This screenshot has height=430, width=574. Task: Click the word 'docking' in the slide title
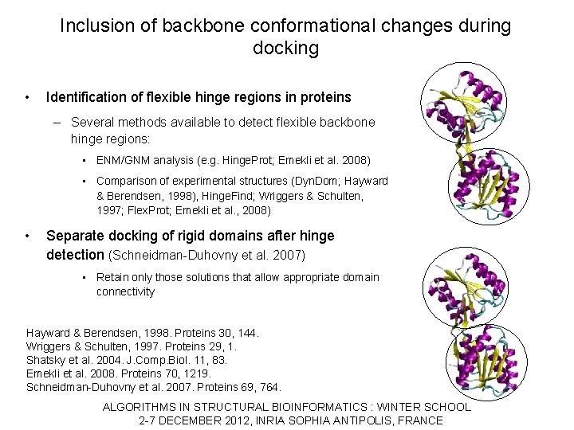point(285,49)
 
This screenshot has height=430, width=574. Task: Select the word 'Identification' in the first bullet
point(85,98)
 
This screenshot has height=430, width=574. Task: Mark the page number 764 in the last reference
point(271,388)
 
